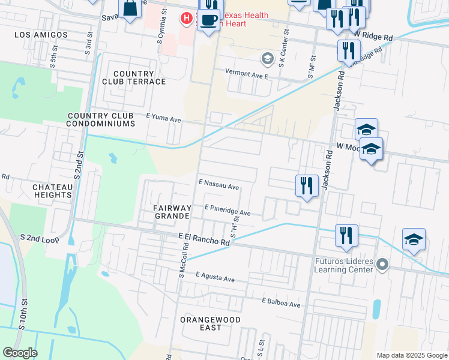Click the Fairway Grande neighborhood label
coord(173,212)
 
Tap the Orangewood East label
coord(210,324)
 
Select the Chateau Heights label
coord(53,191)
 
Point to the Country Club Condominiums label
coord(101,120)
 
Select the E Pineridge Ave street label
coord(228,209)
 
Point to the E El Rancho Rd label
coord(204,239)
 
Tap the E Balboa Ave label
coord(281,303)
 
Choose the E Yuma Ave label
coord(163,119)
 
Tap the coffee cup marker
coord(208,21)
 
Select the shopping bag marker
coord(130,9)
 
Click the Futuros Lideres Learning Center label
coord(344,265)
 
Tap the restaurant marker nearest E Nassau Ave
coord(307,185)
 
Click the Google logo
coord(20,353)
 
